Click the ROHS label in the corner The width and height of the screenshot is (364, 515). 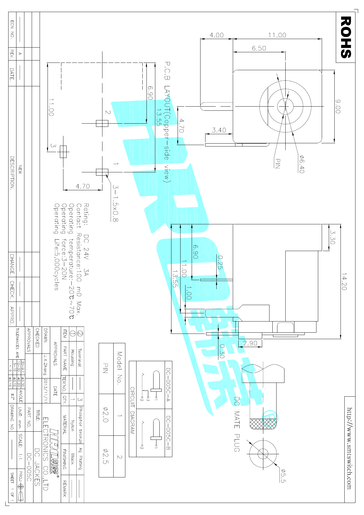(x=346, y=37)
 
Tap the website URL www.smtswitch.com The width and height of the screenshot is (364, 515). (x=349, y=448)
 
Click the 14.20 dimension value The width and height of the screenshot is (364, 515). (x=344, y=282)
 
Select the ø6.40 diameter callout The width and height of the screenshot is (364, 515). (x=302, y=164)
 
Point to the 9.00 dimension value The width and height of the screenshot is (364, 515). (x=338, y=106)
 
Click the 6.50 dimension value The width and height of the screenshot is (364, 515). (x=259, y=48)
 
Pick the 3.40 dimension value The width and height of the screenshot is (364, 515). (x=219, y=130)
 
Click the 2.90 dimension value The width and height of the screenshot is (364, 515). (x=250, y=343)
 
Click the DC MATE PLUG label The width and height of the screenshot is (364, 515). (x=237, y=424)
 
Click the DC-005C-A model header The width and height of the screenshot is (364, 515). (x=168, y=385)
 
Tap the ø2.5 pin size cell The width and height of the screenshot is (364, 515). (x=106, y=456)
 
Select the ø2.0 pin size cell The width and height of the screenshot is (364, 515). (x=106, y=414)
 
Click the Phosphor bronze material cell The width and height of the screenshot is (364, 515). (x=80, y=425)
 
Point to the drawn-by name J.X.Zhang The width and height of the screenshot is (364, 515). (x=45, y=365)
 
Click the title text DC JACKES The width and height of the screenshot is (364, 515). (x=37, y=467)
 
